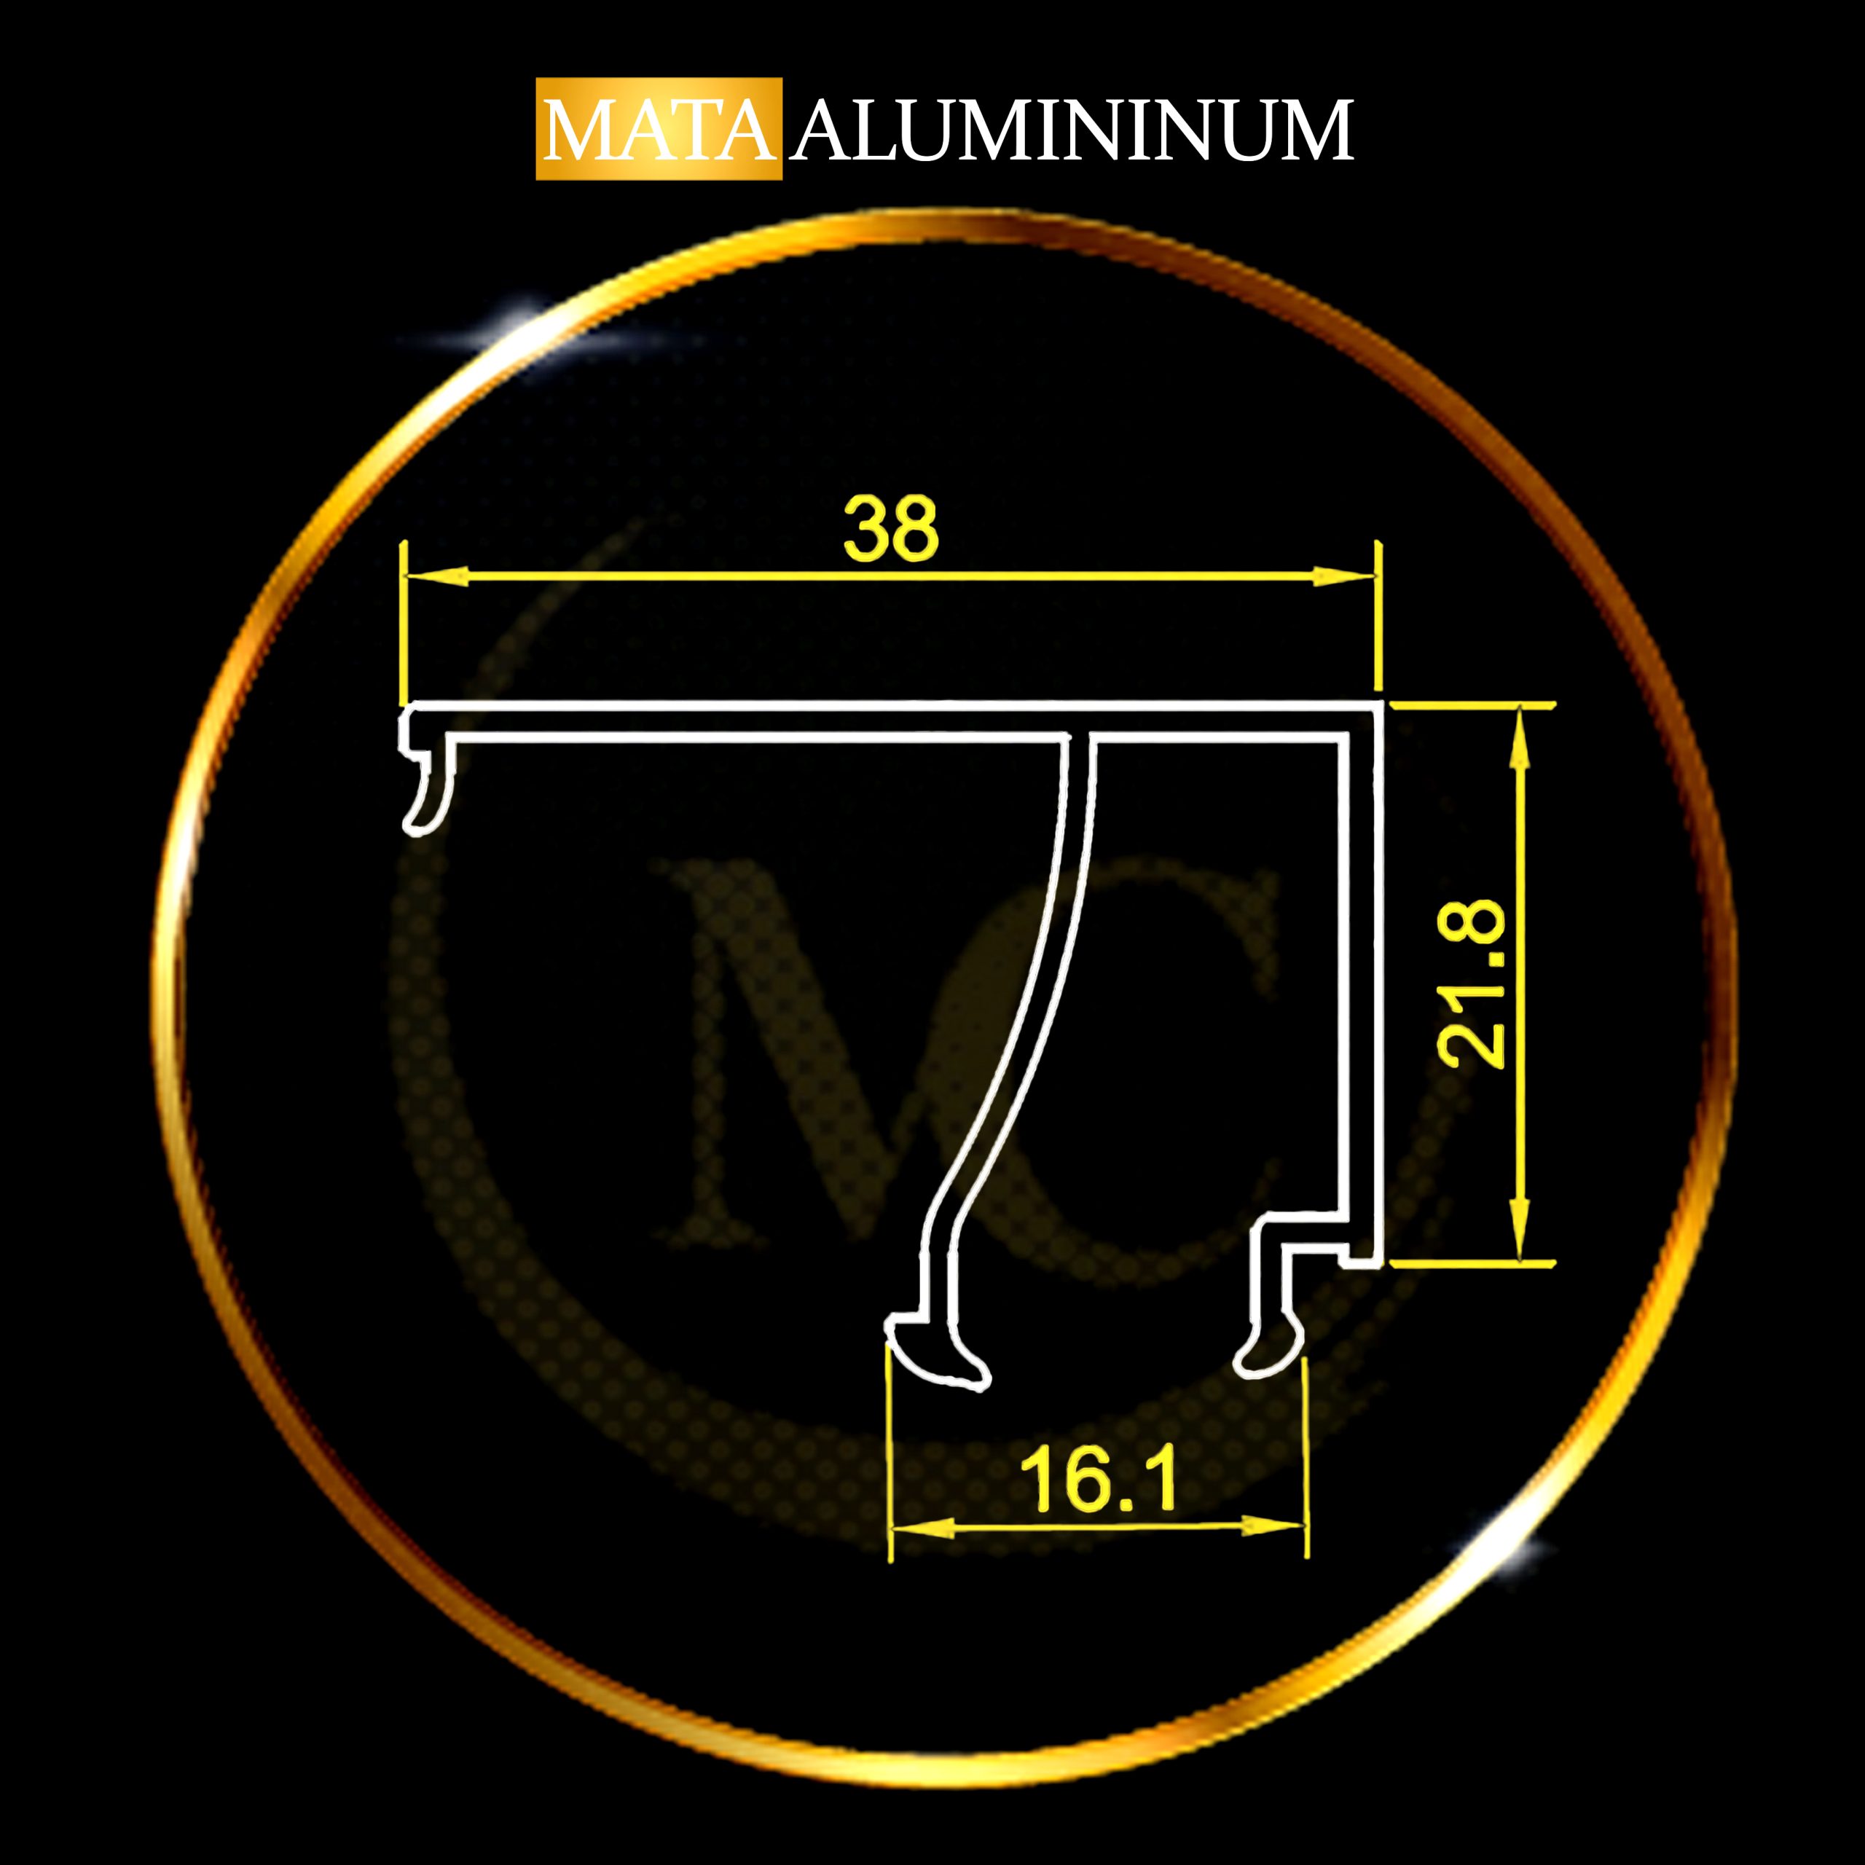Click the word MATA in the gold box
coord(659,130)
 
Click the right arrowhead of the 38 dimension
coord(1343,576)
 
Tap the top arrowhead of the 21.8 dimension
coord(1520,739)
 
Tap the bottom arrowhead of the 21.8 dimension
coord(1520,1230)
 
